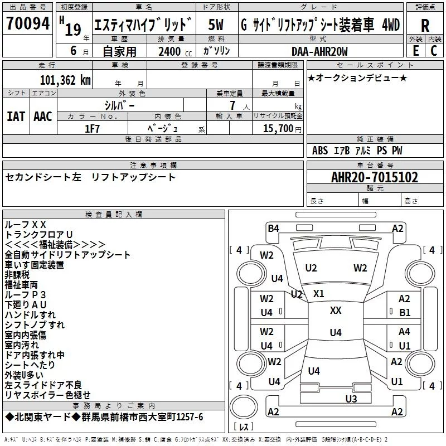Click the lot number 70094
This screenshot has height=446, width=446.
[28, 23]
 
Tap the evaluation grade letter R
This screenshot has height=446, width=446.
[425, 25]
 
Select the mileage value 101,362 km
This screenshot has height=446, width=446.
[65, 80]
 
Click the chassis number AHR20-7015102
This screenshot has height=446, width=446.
[375, 177]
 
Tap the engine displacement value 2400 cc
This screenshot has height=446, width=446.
[173, 52]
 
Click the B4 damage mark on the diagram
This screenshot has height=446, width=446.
[273, 228]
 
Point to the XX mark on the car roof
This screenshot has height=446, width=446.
[336, 311]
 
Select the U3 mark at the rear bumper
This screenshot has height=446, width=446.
[351, 399]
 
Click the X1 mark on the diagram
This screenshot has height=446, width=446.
[319, 294]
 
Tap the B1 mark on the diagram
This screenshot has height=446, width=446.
[405, 313]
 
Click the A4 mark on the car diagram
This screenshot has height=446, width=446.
[404, 332]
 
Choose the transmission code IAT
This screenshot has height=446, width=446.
[16, 116]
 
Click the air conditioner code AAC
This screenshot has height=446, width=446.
[43, 116]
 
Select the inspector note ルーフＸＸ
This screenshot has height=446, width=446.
[25, 224]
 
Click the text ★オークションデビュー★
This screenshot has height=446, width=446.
[357, 77]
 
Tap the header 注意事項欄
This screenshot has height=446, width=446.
[153, 166]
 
